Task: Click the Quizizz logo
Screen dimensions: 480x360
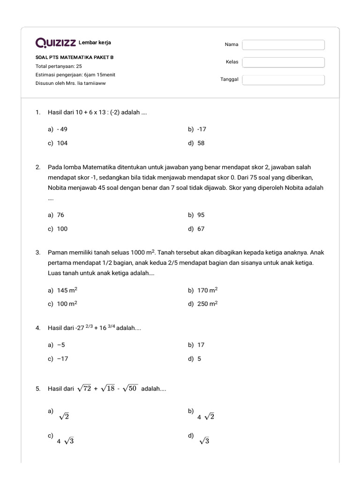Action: pos(56,43)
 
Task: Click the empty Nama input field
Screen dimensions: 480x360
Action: pos(283,45)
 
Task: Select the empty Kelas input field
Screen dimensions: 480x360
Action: pos(283,62)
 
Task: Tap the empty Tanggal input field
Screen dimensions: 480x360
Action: pos(283,80)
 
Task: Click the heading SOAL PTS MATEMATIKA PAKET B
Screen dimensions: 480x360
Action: pos(75,58)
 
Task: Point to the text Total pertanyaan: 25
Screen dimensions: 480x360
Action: pos(59,66)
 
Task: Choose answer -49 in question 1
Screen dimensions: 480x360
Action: pos(62,129)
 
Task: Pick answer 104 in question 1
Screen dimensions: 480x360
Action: pos(62,143)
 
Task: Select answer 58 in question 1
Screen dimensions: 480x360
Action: pos(201,143)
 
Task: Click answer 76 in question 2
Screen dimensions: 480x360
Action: pos(60,215)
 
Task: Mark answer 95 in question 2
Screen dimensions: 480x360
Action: pos(201,215)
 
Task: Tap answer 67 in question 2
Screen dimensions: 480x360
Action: pos(201,229)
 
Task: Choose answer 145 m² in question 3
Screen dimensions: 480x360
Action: pos(67,290)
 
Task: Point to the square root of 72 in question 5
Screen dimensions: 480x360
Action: pos(84,389)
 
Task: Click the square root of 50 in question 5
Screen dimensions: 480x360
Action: pos(130,389)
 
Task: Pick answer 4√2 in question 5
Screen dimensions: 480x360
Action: pos(206,417)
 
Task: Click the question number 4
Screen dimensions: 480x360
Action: pos(37,328)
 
